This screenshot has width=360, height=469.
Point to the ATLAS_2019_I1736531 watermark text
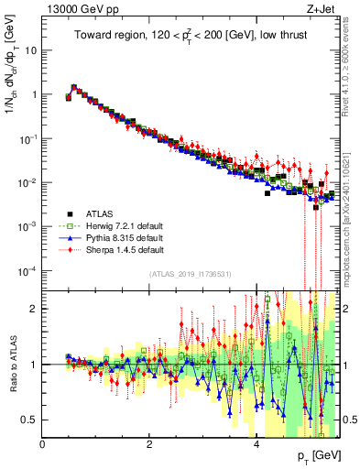[x=190, y=274]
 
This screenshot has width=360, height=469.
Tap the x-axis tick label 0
[x=42, y=444]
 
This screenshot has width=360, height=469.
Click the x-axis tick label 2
[x=149, y=444]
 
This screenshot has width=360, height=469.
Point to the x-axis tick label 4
[x=256, y=444]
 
